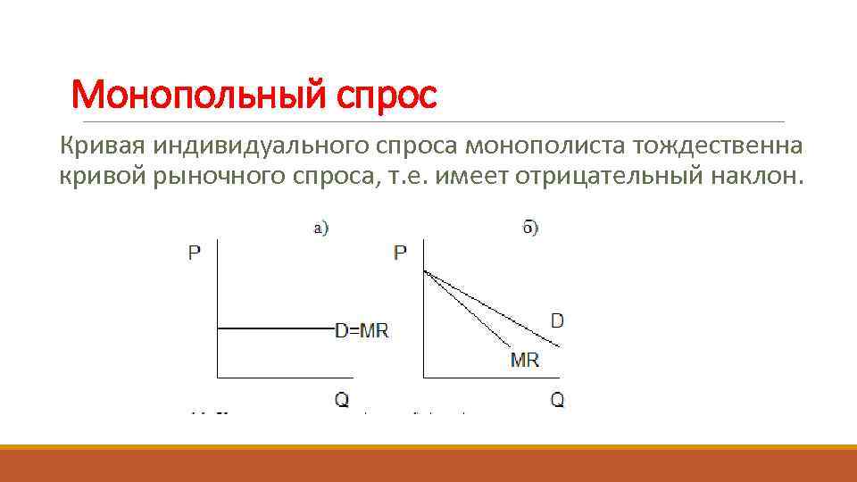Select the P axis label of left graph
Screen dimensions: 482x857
195,253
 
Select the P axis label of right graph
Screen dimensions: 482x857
400,253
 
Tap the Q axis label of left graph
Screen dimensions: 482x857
342,400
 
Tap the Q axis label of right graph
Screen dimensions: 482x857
557,400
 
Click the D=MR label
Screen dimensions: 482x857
362,330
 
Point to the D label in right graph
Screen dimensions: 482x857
557,320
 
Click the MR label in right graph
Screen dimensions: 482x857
524,361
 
